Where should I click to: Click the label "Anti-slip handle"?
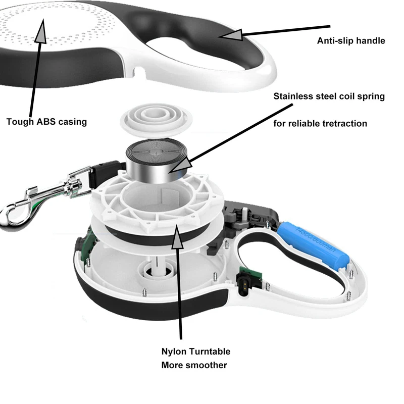[351, 41]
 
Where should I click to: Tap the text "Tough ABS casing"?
[46, 122]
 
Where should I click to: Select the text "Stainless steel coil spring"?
[329, 96]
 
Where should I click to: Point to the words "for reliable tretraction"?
[320, 124]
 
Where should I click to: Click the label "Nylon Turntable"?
[196, 351]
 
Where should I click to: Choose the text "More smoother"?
[194, 365]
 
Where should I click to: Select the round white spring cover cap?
[157, 120]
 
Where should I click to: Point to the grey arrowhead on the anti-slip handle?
[232, 35]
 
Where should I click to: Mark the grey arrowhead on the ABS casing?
[41, 31]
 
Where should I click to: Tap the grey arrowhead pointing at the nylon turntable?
[177, 236]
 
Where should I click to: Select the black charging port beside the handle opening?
[243, 285]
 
